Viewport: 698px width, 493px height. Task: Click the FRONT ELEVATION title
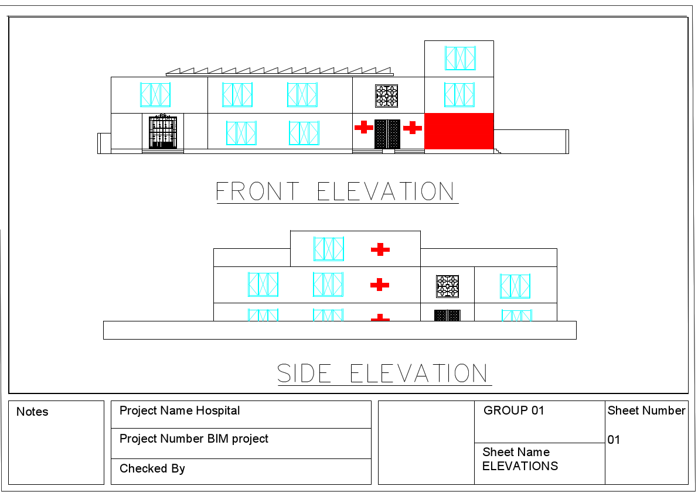point(336,191)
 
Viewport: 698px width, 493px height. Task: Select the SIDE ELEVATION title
point(383,373)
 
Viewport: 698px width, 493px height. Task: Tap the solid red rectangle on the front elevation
point(459,131)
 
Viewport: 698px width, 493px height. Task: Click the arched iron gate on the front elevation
point(163,132)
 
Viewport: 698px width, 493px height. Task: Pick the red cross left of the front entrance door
point(363,127)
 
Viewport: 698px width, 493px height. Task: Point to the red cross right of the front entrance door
point(413,127)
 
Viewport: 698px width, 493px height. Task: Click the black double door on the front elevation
point(387,134)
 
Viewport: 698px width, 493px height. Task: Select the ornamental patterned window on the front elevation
point(387,95)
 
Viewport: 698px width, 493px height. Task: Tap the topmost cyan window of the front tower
point(459,58)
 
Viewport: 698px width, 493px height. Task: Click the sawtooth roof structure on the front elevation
point(280,71)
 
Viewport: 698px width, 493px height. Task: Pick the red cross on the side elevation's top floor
point(380,249)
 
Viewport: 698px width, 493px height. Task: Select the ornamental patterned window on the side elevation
point(447,286)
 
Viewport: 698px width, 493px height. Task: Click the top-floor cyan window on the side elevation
point(329,249)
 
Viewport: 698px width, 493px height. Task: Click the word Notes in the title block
point(32,412)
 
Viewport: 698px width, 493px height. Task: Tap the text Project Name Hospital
point(179,410)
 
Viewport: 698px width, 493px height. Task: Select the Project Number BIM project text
point(193,439)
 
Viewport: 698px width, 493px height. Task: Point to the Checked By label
point(152,468)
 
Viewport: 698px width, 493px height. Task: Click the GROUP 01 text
point(513,410)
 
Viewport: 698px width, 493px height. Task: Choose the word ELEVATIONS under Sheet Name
point(520,466)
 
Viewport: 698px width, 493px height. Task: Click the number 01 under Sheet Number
point(614,440)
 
